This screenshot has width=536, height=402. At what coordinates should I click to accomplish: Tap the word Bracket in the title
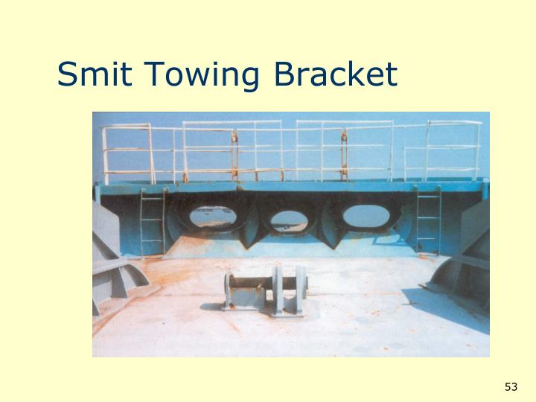(x=336, y=75)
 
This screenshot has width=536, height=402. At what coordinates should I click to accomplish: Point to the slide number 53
(x=510, y=386)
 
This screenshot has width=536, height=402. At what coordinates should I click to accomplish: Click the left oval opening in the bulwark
(x=212, y=217)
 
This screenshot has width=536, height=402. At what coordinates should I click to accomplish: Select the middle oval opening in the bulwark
(x=288, y=220)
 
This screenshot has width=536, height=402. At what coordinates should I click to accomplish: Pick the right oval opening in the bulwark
(x=366, y=215)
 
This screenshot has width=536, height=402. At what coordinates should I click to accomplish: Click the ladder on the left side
(x=152, y=221)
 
